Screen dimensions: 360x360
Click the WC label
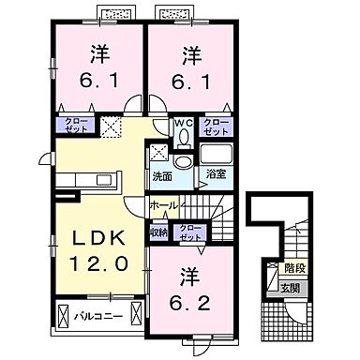(184, 123)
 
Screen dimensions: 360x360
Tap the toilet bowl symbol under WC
(184, 137)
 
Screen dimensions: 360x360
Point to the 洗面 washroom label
(162, 174)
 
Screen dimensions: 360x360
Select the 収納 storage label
(157, 230)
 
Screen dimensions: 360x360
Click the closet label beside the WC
(217, 127)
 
